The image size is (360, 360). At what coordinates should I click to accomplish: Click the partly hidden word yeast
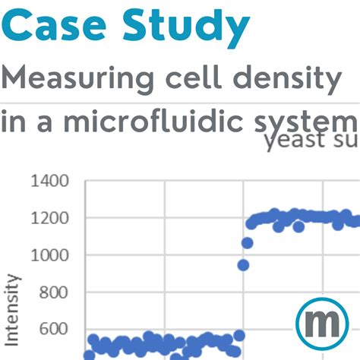click(x=300, y=142)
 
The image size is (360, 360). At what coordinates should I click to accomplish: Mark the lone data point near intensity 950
click(x=243, y=265)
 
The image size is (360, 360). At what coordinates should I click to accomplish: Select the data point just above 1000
click(x=247, y=243)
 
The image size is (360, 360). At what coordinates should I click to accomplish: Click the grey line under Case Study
click(x=180, y=101)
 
